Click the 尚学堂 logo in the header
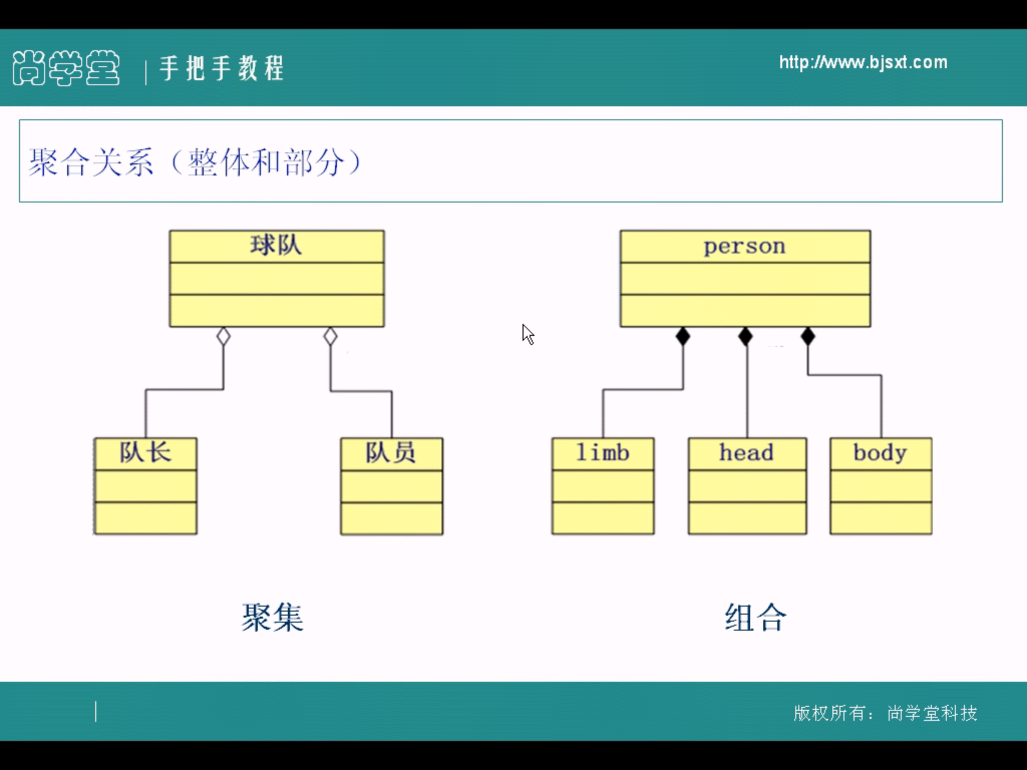[66, 68]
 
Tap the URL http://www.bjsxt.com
[863, 63]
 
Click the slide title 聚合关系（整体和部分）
[195, 162]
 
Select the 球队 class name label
[276, 246]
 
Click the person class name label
[745, 246]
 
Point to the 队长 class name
[145, 453]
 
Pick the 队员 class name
[391, 453]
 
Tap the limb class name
[602, 453]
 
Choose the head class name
[747, 453]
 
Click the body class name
[880, 453]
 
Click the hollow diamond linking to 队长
[224, 336]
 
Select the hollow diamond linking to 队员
[330, 336]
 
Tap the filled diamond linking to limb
[682, 336]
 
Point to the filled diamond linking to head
[746, 336]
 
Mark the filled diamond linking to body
[808, 336]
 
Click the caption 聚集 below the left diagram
[272, 617]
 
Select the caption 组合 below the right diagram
[755, 617]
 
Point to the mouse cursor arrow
[528, 334]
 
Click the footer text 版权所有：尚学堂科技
[885, 712]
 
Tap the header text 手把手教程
[222, 68]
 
